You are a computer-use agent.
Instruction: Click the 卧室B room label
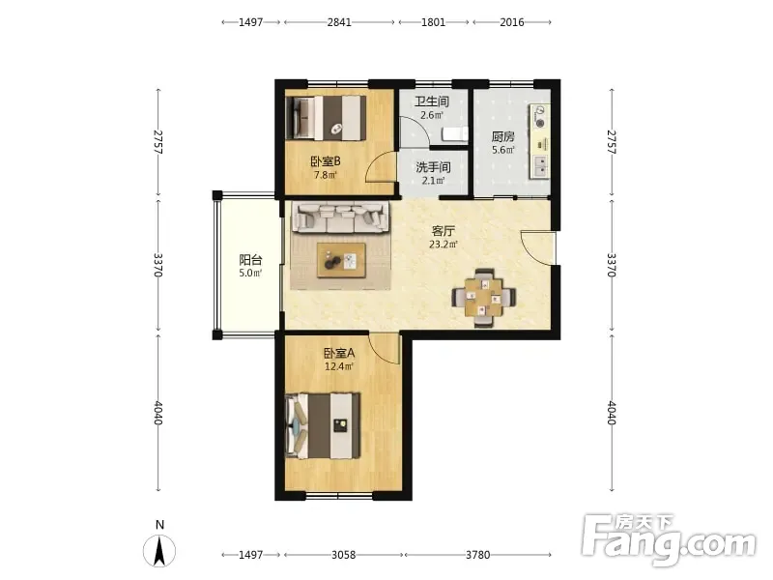pyautogui.click(x=326, y=161)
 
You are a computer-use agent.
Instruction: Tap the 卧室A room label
pyautogui.click(x=339, y=353)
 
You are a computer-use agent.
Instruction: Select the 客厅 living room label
pyautogui.click(x=443, y=231)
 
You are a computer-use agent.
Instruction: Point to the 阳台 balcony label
pyautogui.click(x=250, y=259)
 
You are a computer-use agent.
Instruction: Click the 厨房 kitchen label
pyautogui.click(x=502, y=136)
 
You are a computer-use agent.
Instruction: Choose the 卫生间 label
pyautogui.click(x=432, y=101)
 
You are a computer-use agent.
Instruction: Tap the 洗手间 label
pyautogui.click(x=433, y=167)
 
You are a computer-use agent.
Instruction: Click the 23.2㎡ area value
pyautogui.click(x=444, y=245)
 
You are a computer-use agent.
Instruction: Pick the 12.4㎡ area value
pyautogui.click(x=339, y=366)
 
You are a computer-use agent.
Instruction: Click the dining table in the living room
pyautogui.click(x=484, y=298)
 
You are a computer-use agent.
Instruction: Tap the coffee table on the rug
pyautogui.click(x=341, y=260)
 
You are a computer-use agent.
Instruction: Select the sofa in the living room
pyautogui.click(x=340, y=217)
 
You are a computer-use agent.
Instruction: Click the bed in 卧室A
pyautogui.click(x=323, y=425)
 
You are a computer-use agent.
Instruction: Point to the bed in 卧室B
pyautogui.click(x=326, y=118)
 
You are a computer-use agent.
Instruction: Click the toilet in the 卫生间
pyautogui.click(x=454, y=134)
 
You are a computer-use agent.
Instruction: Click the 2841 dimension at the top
pyautogui.click(x=339, y=22)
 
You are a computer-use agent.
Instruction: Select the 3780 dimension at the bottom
pyautogui.click(x=477, y=555)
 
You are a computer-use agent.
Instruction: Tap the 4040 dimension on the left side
pyautogui.click(x=157, y=413)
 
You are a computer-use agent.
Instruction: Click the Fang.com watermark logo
pyautogui.click(x=668, y=540)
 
